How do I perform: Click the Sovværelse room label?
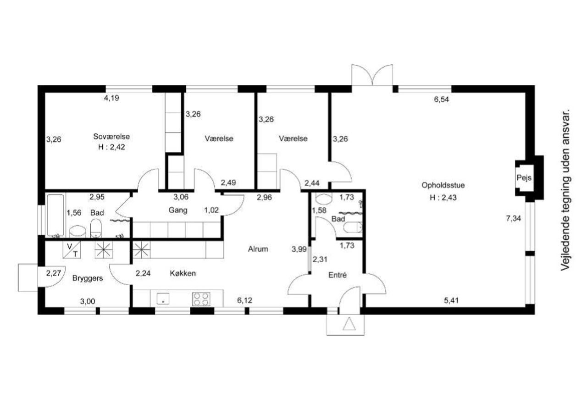(111, 137)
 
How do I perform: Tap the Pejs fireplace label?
(524, 177)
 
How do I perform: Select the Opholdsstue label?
(443, 185)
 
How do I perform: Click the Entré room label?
(338, 275)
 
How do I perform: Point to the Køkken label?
(183, 273)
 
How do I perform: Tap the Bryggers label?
(88, 278)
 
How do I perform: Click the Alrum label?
(258, 249)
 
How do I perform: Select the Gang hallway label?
(177, 210)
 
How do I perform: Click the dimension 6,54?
(441, 100)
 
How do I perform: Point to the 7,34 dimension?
(513, 218)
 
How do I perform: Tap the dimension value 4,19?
(111, 98)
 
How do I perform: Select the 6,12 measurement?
(244, 300)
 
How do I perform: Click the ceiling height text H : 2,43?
(443, 197)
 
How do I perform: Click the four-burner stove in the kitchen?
(201, 299)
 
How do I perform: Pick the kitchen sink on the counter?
(163, 299)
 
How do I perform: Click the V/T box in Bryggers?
(72, 249)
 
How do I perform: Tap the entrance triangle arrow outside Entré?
(349, 324)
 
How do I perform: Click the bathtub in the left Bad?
(55, 216)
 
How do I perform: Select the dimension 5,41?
(451, 300)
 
